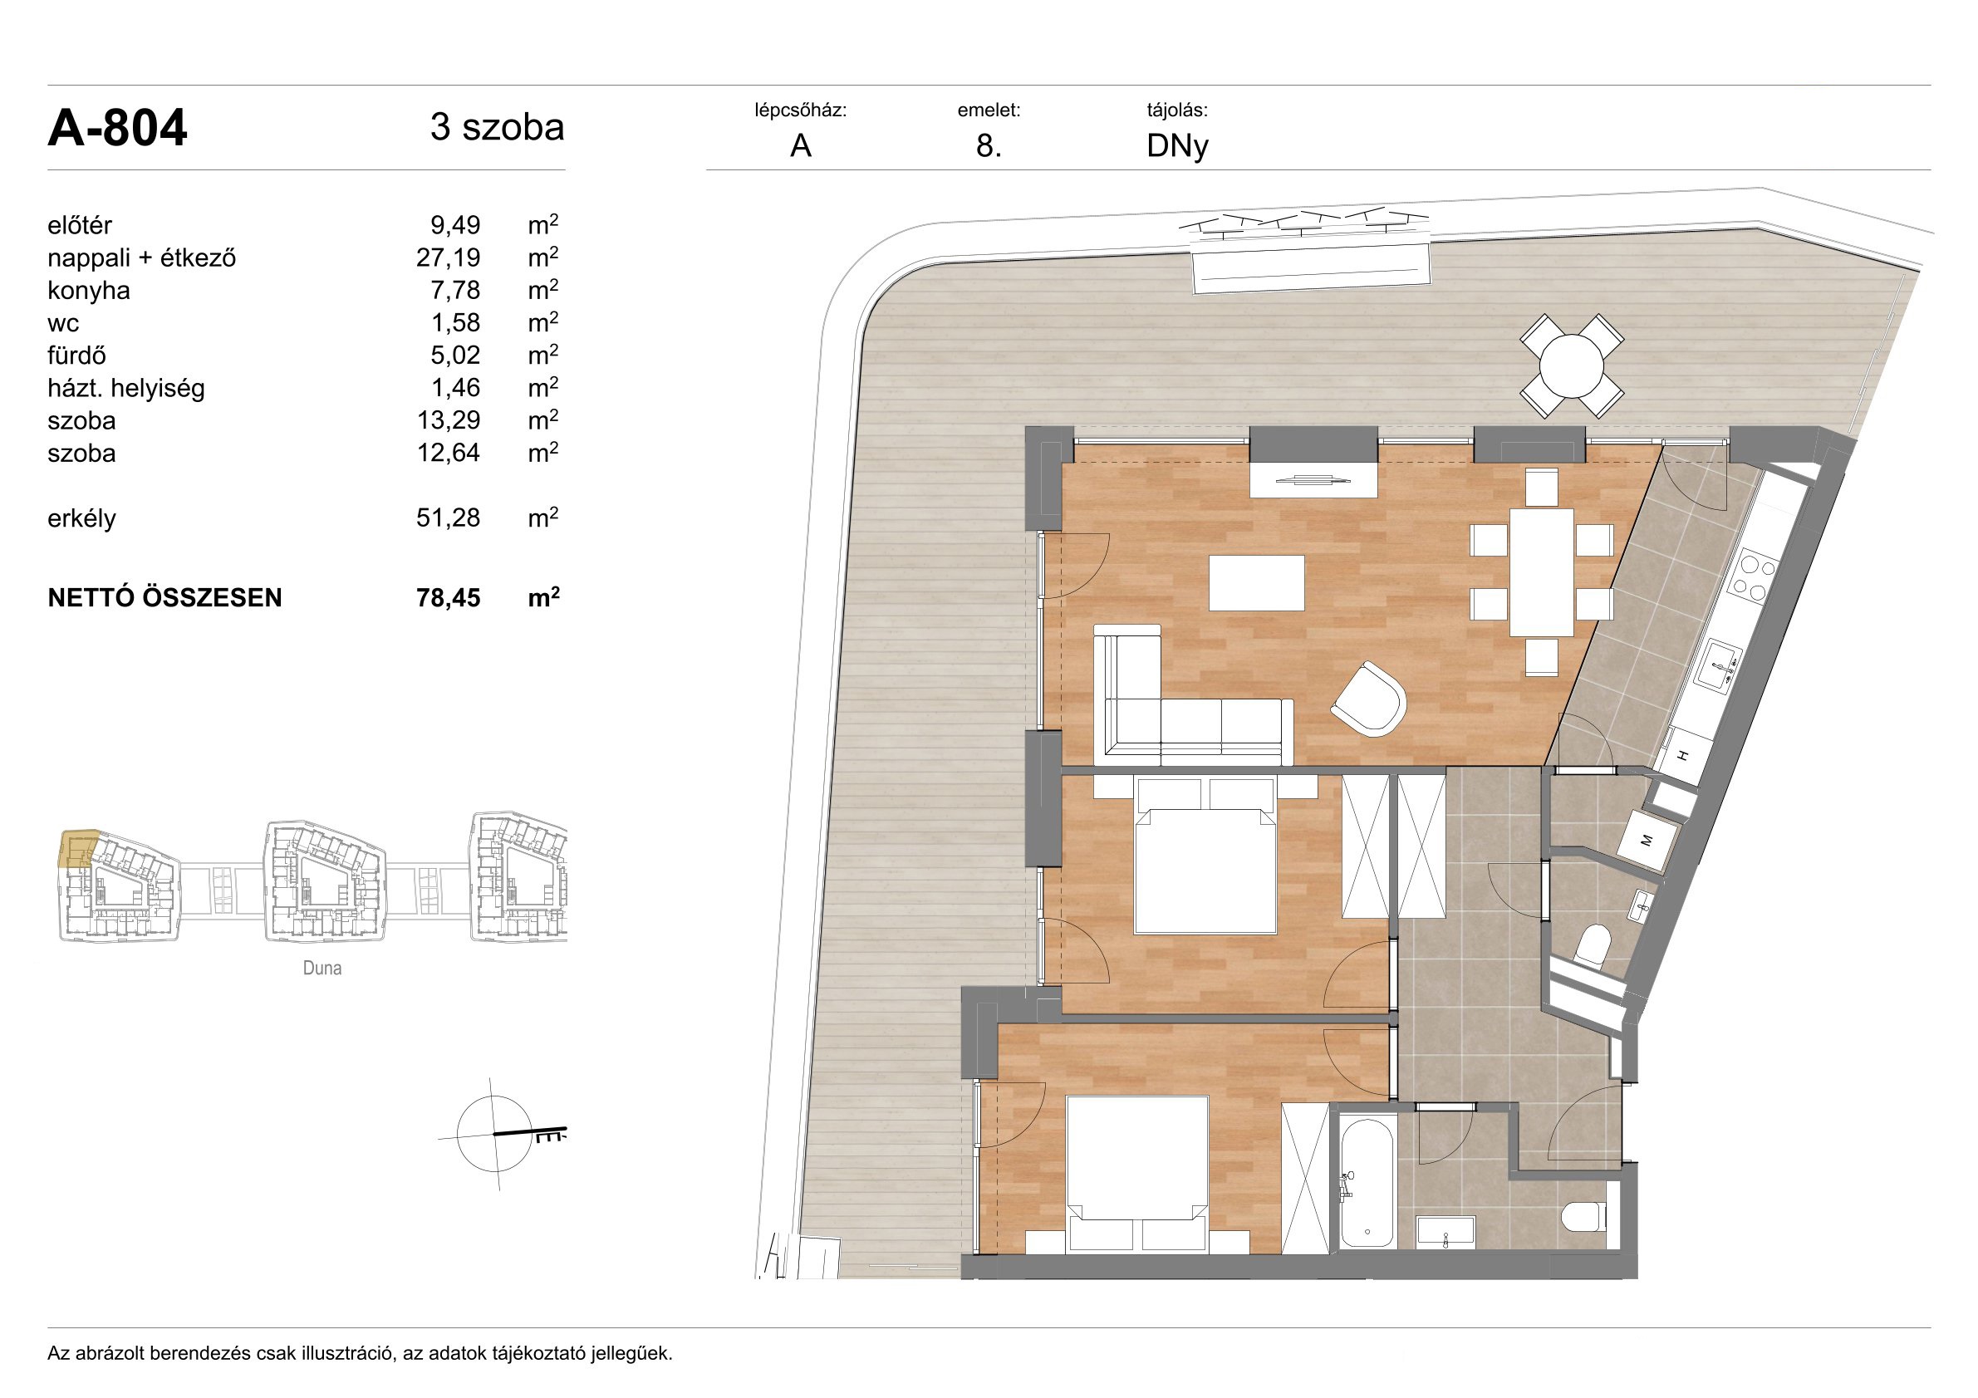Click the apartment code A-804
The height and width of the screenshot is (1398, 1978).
117,129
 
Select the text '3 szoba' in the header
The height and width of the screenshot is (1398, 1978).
497,127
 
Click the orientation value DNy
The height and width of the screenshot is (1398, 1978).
1177,147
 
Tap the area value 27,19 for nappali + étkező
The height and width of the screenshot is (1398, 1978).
448,258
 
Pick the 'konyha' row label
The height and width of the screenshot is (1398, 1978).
89,290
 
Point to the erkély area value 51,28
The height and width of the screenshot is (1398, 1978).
448,518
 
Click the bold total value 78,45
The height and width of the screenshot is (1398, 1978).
448,598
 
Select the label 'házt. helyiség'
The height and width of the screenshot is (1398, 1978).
125,389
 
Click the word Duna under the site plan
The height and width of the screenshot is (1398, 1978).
322,969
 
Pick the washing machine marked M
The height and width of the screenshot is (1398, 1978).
1647,840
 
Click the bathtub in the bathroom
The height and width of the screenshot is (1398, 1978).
1368,1182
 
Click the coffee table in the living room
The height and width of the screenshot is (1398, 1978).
1257,583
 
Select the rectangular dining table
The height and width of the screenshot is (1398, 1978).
1541,572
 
